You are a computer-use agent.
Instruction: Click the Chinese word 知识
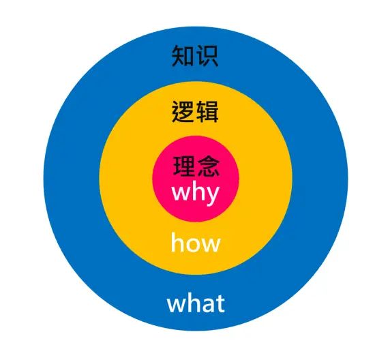195,56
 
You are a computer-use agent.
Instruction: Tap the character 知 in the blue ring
183,56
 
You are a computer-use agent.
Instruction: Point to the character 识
207,56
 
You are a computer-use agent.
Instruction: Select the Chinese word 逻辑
195,111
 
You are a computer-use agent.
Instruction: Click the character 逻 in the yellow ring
183,111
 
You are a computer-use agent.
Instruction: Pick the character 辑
207,111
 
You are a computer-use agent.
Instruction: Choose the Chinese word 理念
196,166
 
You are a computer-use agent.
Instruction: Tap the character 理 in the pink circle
184,166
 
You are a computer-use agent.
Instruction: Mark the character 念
209,166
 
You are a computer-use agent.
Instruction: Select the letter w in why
180,194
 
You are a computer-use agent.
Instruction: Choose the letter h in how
177,242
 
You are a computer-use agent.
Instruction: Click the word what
196,303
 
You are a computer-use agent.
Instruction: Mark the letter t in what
220,304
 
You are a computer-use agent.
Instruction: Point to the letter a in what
209,305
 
